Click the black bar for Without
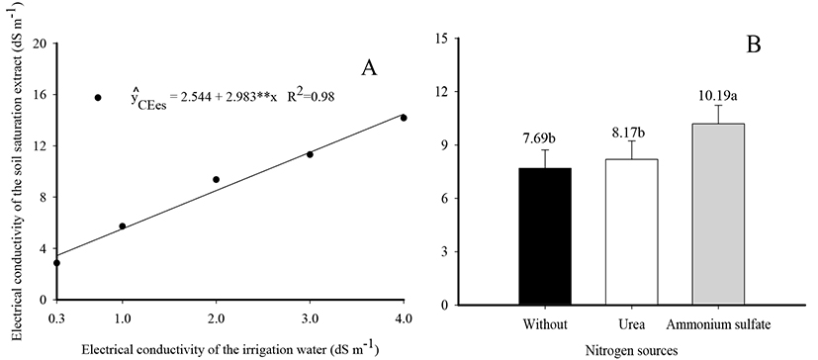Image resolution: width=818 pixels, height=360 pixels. click(x=545, y=236)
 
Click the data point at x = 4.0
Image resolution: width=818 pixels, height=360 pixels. click(x=404, y=118)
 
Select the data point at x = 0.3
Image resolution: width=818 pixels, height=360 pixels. click(x=56, y=263)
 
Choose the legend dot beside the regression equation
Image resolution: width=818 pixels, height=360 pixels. click(x=98, y=98)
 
